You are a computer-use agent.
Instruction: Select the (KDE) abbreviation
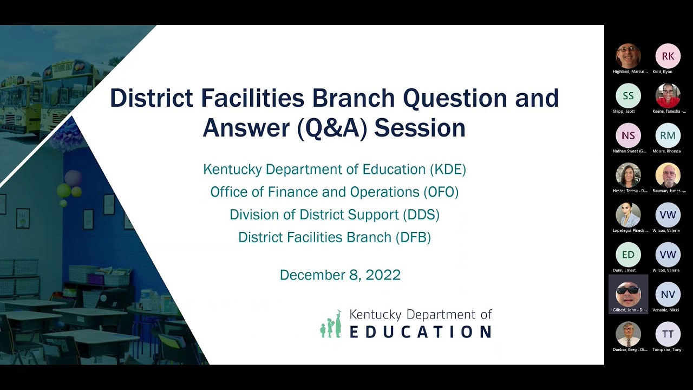[448, 170]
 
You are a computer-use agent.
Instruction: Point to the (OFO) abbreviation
[441, 192]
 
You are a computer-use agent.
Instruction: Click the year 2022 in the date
[383, 275]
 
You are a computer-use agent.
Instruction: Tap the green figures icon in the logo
[331, 324]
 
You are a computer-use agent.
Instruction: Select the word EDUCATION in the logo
[420, 331]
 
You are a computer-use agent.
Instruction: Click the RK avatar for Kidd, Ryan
[668, 56]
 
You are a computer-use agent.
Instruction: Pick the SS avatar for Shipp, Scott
[628, 96]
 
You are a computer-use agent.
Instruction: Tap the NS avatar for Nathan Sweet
[628, 135]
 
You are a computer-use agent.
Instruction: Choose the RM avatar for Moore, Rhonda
[668, 135]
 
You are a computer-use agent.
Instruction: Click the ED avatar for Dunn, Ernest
[628, 255]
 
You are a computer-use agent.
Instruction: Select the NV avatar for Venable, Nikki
[668, 294]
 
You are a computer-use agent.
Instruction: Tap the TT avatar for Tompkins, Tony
[668, 334]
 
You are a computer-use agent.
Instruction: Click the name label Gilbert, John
[629, 310]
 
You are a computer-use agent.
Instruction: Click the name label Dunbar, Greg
[629, 350]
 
